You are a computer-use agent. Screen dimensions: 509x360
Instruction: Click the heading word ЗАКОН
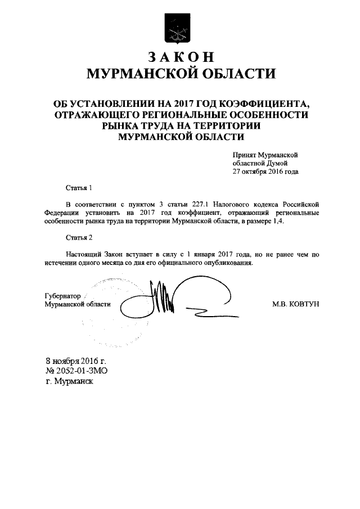click(x=181, y=57)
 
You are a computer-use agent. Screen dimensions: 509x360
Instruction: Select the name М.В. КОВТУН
click(x=295, y=304)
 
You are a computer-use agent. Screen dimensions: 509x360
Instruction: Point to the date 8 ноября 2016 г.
click(x=76, y=361)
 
